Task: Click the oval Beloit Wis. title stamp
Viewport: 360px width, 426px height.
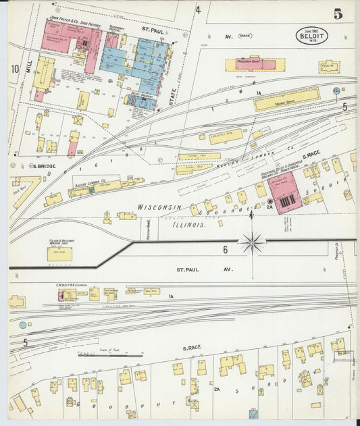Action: pyautogui.click(x=311, y=36)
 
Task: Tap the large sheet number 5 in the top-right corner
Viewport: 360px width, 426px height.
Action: pyautogui.click(x=336, y=14)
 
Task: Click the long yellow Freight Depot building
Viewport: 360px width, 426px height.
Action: pyautogui.click(x=286, y=99)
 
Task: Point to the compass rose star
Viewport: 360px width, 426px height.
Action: pyautogui.click(x=253, y=240)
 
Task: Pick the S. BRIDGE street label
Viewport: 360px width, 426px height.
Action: pyautogui.click(x=43, y=165)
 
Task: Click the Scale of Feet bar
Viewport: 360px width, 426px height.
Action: pyautogui.click(x=110, y=354)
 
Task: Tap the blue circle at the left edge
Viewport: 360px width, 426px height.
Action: pyautogui.click(x=23, y=325)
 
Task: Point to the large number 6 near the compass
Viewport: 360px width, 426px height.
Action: pyautogui.click(x=225, y=249)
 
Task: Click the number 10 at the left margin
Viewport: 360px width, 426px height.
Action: pyautogui.click(x=14, y=68)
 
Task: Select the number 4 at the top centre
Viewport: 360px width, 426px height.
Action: pyautogui.click(x=198, y=9)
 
